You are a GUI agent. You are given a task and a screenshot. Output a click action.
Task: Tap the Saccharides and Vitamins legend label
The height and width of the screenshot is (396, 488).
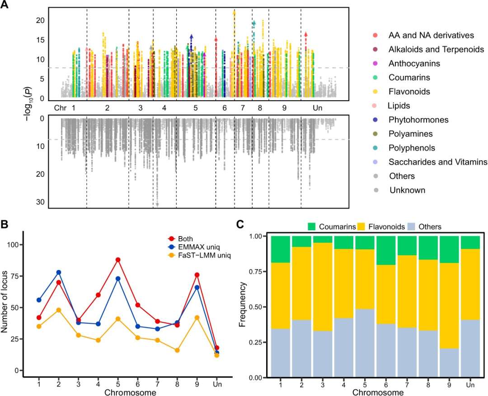point(438,162)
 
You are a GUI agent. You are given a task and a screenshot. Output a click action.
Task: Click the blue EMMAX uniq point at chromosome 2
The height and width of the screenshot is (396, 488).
point(59,272)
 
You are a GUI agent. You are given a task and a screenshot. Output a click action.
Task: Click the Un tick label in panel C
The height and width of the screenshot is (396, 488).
point(469,384)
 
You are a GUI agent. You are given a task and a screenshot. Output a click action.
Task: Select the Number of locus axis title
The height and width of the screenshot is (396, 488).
point(5,307)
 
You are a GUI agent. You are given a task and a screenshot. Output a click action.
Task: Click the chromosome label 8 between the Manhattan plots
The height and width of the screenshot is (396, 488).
point(260,108)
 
